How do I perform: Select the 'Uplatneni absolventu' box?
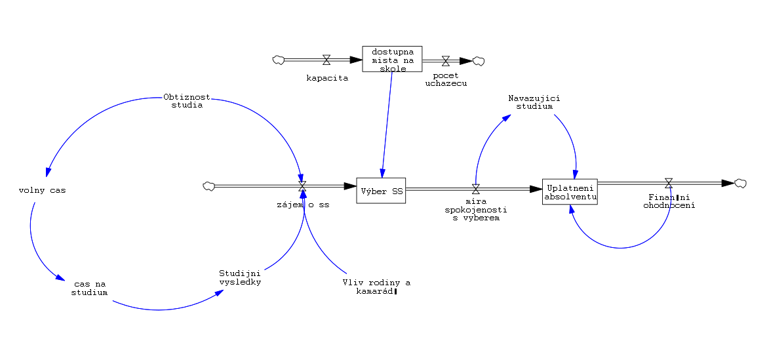[570, 191]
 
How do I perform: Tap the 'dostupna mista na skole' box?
[392, 60]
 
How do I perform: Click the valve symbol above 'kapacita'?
[326, 60]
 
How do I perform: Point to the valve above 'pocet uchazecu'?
[446, 61]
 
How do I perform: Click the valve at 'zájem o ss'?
[302, 187]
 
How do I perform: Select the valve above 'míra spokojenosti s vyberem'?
[477, 189]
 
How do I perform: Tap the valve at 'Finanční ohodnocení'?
[669, 183]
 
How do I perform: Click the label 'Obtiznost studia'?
[187, 101]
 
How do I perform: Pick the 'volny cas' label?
[43, 191]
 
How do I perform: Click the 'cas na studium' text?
[90, 288]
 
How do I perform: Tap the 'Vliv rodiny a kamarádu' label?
[376, 287]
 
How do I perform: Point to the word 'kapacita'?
[327, 77]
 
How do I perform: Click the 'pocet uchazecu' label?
[446, 79]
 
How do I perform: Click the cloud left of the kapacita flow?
[279, 60]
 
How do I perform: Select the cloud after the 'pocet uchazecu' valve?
[479, 61]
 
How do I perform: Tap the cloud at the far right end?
[741, 183]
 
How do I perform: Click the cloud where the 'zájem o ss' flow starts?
[209, 186]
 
